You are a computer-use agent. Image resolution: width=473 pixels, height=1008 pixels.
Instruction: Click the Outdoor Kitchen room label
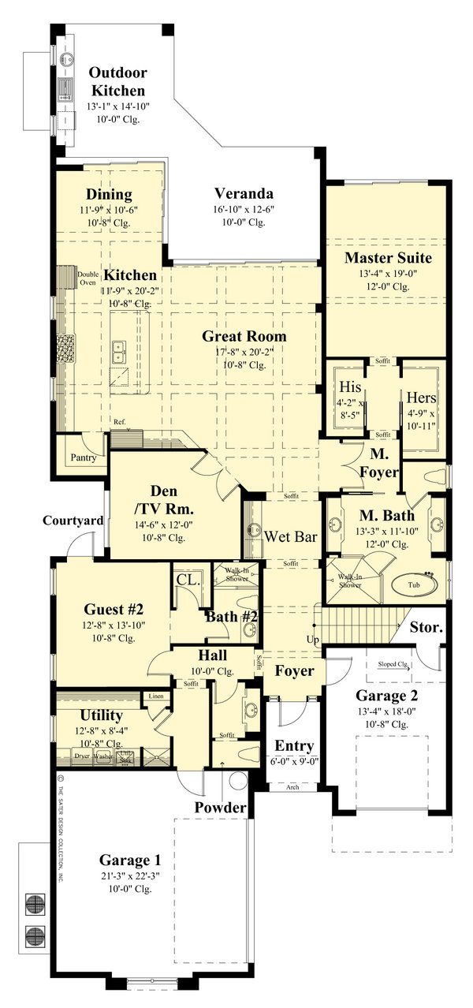117,81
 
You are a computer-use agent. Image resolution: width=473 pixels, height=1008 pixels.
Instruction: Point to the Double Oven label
88,278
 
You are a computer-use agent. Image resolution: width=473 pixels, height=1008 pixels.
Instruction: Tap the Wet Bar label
291,537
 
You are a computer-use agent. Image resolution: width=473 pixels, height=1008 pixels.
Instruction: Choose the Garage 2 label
386,696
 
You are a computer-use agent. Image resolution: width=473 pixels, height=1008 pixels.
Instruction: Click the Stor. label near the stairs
426,629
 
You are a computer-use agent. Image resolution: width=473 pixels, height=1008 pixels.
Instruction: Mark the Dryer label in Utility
82,756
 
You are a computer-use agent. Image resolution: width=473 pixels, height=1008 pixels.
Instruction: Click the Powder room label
221,807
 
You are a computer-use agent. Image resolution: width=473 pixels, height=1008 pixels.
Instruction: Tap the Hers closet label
421,398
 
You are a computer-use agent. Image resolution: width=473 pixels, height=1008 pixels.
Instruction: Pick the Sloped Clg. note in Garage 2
392,664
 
